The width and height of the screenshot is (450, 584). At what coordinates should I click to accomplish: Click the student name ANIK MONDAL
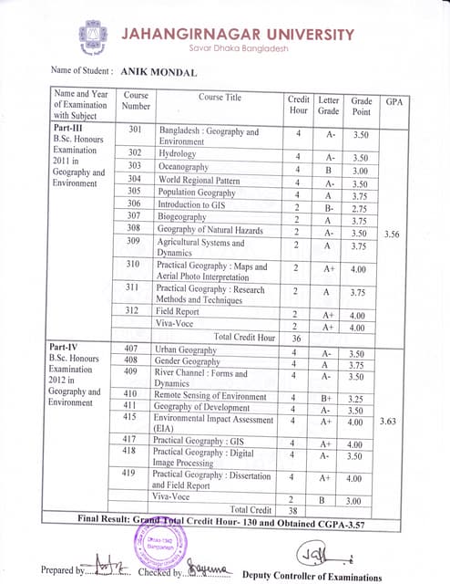click(x=159, y=69)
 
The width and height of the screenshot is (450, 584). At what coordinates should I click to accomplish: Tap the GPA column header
click(x=394, y=102)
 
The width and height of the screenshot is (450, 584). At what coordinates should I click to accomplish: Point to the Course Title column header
click(x=219, y=97)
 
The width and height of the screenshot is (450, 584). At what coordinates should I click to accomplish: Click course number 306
click(x=134, y=205)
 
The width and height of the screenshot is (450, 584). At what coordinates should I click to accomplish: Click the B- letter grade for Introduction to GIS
click(x=329, y=207)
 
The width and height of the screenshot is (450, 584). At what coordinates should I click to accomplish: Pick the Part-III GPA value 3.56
click(x=393, y=235)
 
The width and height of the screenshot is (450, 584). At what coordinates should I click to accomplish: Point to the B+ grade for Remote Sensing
click(x=329, y=398)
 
